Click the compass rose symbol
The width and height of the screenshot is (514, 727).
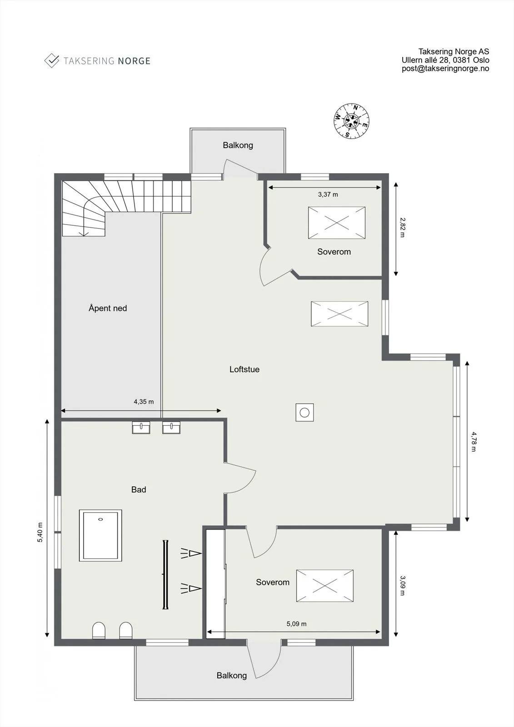(x=351, y=121)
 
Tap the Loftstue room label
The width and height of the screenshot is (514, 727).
(x=244, y=369)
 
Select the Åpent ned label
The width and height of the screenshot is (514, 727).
(x=108, y=308)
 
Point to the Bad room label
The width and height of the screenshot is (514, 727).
(x=139, y=489)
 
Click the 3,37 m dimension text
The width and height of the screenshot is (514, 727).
(x=328, y=194)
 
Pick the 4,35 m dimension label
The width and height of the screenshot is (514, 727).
(x=144, y=402)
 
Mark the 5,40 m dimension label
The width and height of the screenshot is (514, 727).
(x=40, y=532)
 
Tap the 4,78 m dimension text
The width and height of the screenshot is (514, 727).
(x=474, y=442)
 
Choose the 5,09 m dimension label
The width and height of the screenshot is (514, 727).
(x=296, y=623)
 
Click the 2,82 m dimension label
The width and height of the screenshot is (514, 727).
(x=402, y=228)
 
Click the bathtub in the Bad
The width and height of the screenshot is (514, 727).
(x=100, y=535)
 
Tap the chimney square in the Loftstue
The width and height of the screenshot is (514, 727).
(x=304, y=413)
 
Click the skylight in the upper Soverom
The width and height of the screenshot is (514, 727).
(x=337, y=223)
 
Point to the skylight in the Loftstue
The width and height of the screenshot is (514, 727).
(x=339, y=314)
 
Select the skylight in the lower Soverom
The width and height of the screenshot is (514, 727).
(x=324, y=586)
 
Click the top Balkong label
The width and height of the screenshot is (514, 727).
(x=238, y=145)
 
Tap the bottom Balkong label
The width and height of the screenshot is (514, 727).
(x=232, y=675)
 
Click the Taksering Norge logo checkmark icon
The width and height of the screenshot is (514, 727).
(x=52, y=60)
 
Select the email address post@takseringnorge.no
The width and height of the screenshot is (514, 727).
(x=445, y=69)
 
